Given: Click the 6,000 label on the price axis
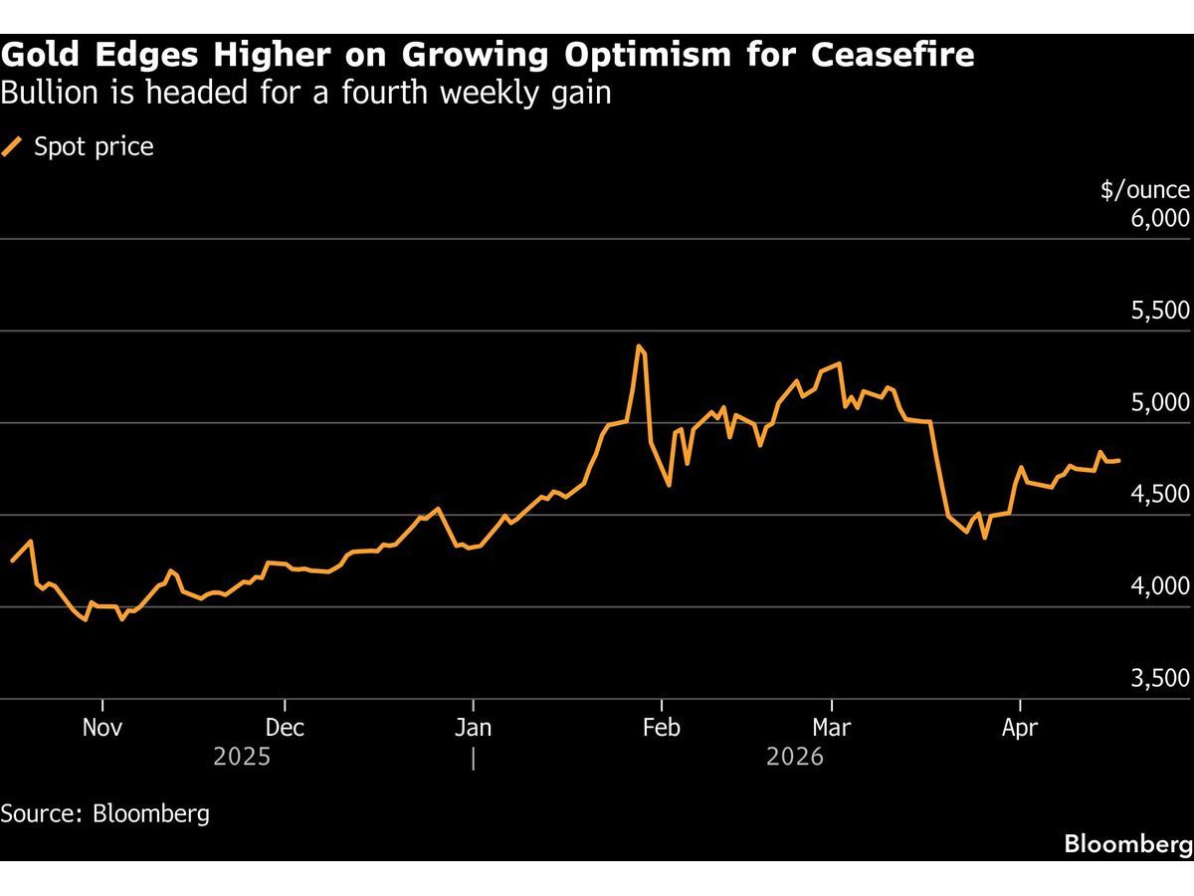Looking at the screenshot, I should point(1160,218).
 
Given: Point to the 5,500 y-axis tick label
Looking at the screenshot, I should point(1160,311).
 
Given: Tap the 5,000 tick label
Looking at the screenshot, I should point(1160,402).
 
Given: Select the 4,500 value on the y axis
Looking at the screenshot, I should point(1160,495).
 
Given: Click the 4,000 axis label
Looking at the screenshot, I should point(1160,586).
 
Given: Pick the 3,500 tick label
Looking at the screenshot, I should point(1160,678).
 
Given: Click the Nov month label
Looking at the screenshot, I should point(102,728).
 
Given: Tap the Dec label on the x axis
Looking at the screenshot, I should point(285,728).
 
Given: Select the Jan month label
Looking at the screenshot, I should point(474,728).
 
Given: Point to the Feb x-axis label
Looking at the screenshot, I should point(662,728).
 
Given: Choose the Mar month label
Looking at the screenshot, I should point(831,728).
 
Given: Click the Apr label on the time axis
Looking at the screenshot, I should point(1019,728).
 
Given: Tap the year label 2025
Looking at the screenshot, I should point(242,758).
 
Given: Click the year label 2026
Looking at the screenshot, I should point(795,758).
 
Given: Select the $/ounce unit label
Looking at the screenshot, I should point(1144,190).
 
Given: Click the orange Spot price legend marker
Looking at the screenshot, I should point(13,147).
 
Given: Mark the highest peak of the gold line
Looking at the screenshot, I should point(638,346).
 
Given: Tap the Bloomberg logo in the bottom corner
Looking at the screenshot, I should point(1127,844).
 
